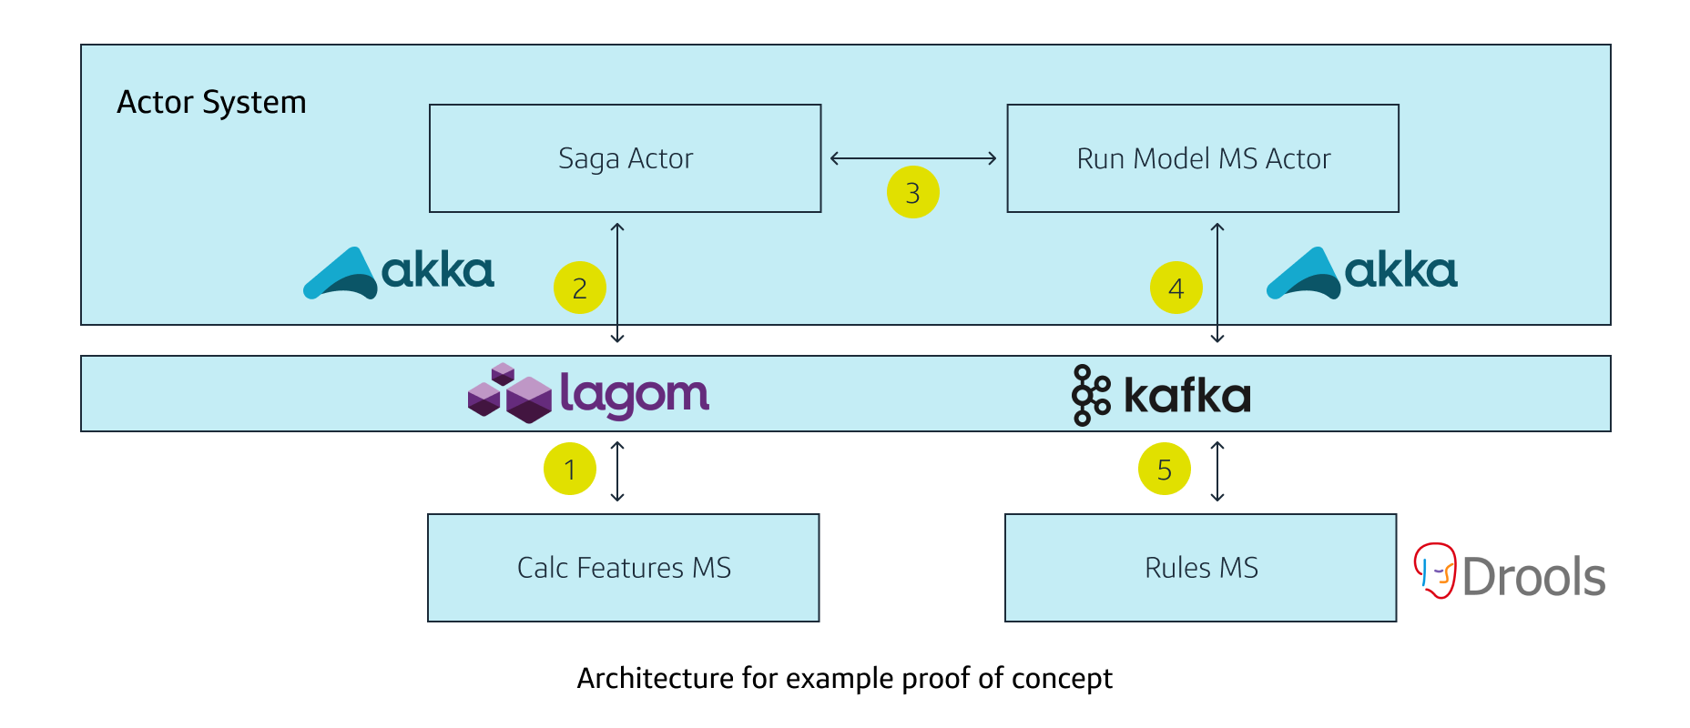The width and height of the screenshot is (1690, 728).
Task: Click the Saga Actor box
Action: [625, 158]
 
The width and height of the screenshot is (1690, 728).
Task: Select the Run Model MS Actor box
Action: [1202, 158]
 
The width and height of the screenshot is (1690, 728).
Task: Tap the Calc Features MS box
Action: [623, 568]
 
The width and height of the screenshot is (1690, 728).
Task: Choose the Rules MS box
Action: [1200, 568]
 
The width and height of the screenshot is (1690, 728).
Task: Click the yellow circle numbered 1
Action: [570, 469]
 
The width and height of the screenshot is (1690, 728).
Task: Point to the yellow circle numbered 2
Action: [580, 288]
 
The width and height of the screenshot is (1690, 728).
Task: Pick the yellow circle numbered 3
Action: [912, 192]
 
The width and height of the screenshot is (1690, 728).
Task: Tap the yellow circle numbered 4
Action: [1176, 288]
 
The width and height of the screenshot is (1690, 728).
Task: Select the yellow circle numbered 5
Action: [1164, 469]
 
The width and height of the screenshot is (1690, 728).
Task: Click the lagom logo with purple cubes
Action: [588, 394]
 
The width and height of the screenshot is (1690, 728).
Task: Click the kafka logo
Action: [1161, 395]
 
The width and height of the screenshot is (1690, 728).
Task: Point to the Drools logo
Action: [1510, 573]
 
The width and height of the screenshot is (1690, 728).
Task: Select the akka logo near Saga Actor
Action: [399, 272]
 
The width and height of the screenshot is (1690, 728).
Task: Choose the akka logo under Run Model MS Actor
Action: [1361, 272]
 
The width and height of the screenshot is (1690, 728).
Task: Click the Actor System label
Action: [211, 102]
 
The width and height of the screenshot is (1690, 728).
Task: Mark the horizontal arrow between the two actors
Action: [913, 158]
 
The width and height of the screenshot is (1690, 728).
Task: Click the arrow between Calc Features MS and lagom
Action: [617, 471]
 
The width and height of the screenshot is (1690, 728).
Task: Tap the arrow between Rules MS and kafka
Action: [1217, 471]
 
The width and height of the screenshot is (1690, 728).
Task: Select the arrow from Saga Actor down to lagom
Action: [617, 283]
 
